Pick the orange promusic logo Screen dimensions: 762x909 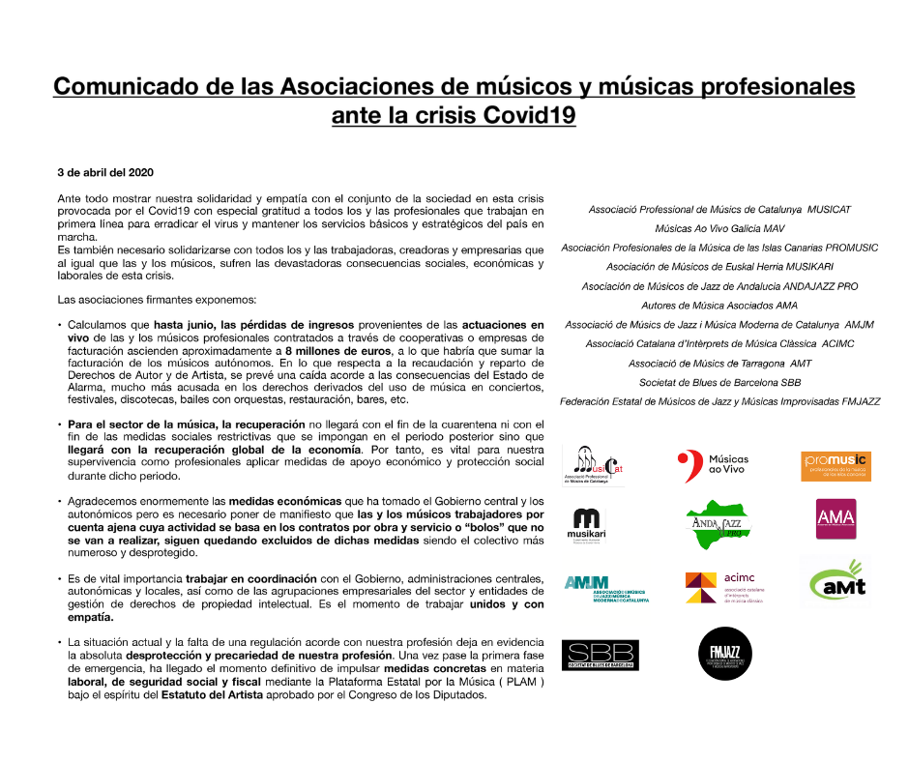[x=836, y=466]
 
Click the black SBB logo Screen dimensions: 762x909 [x=600, y=654]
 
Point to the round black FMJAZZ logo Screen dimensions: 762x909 [x=717, y=651]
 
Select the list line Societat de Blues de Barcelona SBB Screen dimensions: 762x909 [x=719, y=382]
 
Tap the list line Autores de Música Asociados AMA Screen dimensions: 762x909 [x=719, y=306]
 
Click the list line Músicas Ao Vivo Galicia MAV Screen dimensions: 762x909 [x=719, y=228]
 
